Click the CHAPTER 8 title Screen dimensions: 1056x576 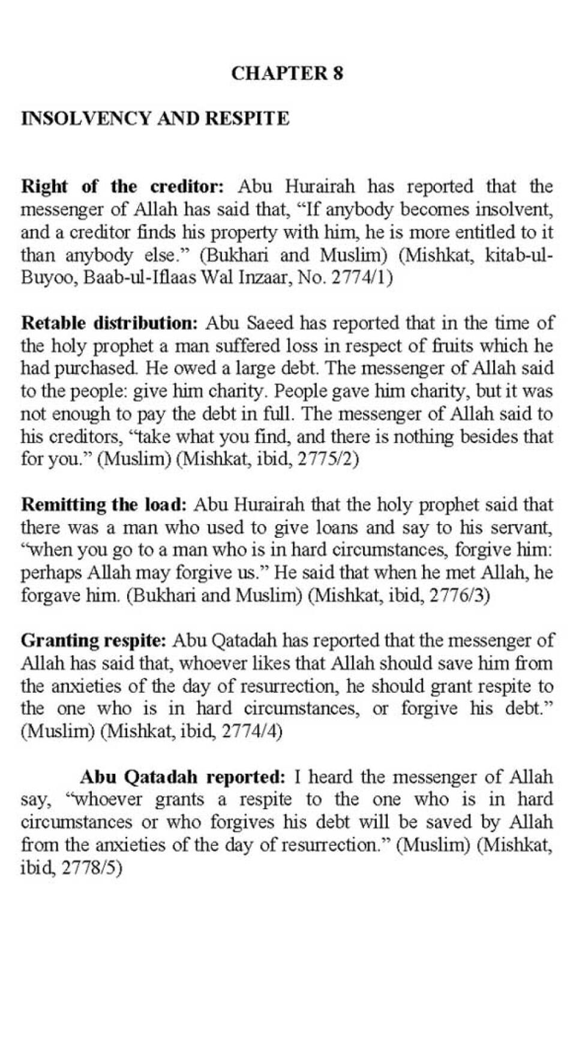(x=287, y=73)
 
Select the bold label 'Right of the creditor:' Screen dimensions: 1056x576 (x=122, y=186)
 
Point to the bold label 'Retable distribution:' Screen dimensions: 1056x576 (x=109, y=323)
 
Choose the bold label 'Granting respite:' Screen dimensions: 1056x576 (x=93, y=641)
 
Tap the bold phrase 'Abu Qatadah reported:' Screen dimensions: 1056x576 (x=182, y=777)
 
